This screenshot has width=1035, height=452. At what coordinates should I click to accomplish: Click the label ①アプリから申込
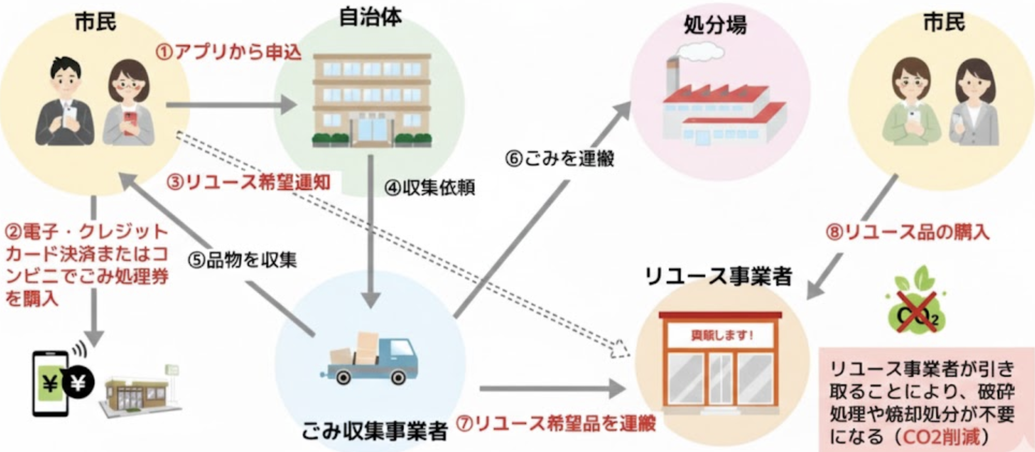tap(229, 53)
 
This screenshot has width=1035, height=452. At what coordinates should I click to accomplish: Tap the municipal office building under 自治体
tap(371, 99)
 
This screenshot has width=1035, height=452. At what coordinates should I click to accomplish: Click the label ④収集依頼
tap(429, 188)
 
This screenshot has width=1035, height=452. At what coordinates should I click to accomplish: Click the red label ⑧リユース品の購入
tap(907, 232)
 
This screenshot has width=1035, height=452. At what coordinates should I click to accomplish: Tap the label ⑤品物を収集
tap(242, 260)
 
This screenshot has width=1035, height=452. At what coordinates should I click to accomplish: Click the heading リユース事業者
tap(718, 276)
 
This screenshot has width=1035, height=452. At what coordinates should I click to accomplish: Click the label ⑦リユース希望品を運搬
tap(556, 424)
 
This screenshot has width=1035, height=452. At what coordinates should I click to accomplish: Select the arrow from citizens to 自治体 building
tap(231, 105)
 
